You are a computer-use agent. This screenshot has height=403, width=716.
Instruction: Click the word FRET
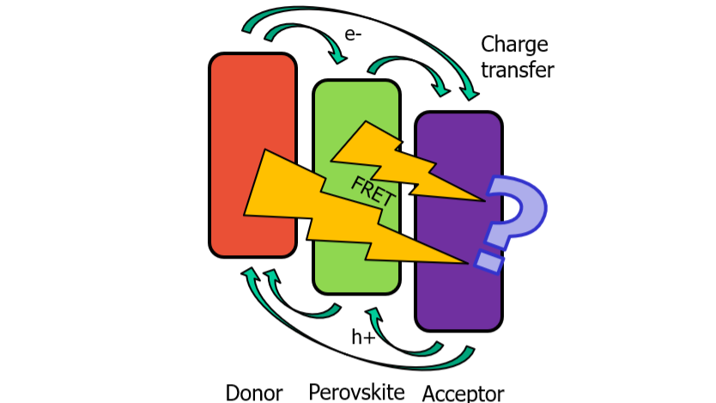coord(373,191)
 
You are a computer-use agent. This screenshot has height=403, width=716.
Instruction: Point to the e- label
coord(353,35)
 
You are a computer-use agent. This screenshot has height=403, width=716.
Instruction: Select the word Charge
coord(514,45)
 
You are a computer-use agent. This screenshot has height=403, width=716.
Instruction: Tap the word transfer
coord(518,70)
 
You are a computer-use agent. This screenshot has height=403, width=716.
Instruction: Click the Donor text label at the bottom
coord(254,393)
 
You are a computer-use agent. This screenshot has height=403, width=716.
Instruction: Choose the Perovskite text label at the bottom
coord(357,392)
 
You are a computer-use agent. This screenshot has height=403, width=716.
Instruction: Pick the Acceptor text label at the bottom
coord(464,394)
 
